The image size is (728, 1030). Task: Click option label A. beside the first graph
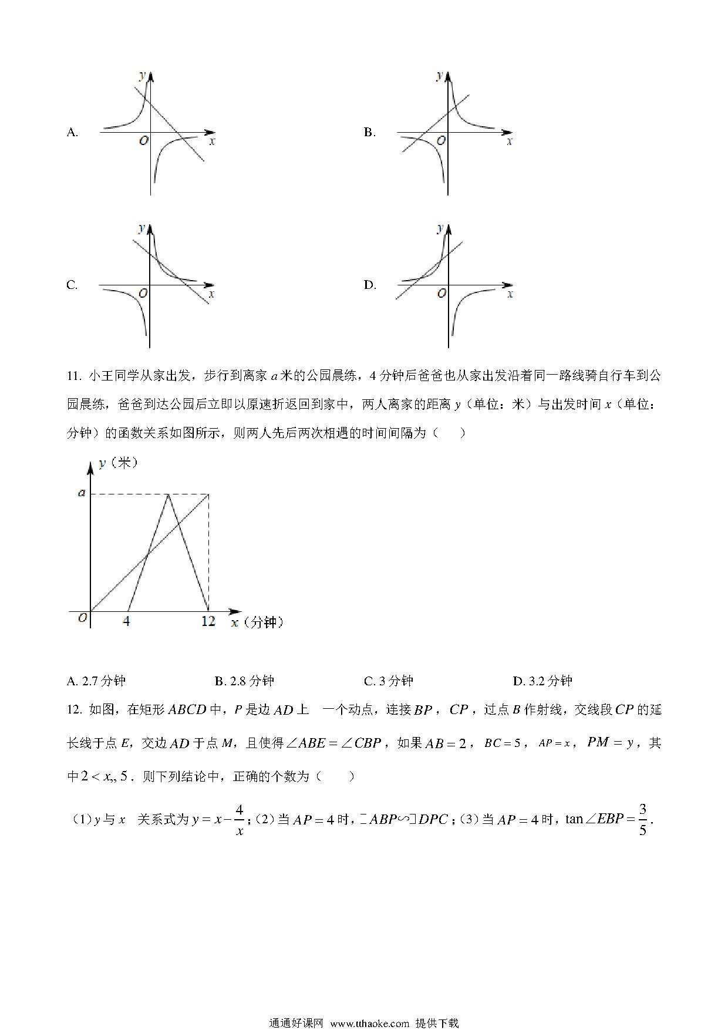[x=72, y=133]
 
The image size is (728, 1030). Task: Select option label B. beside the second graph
[x=369, y=133]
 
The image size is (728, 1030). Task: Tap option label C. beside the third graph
[x=72, y=285]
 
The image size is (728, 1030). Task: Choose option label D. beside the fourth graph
[x=369, y=285]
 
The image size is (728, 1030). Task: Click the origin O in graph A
[x=143, y=141]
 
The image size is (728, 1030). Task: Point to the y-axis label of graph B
[x=440, y=75]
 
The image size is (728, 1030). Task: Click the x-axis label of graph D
[x=510, y=293]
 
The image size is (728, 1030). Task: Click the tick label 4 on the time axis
[x=126, y=621]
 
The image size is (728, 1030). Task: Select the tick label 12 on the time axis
[x=208, y=621]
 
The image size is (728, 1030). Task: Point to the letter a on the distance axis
[x=82, y=493]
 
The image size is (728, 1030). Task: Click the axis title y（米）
[x=118, y=463]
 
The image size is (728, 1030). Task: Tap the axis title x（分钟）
[x=257, y=622]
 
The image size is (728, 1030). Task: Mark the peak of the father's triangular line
[x=168, y=494]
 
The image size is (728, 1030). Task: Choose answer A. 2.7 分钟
[x=96, y=681]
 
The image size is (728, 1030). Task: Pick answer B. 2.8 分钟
[x=244, y=681]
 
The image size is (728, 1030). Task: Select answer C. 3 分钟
[x=389, y=681]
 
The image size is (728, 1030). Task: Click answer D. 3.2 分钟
[x=542, y=681]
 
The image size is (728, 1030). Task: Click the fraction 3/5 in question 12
[x=642, y=819]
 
